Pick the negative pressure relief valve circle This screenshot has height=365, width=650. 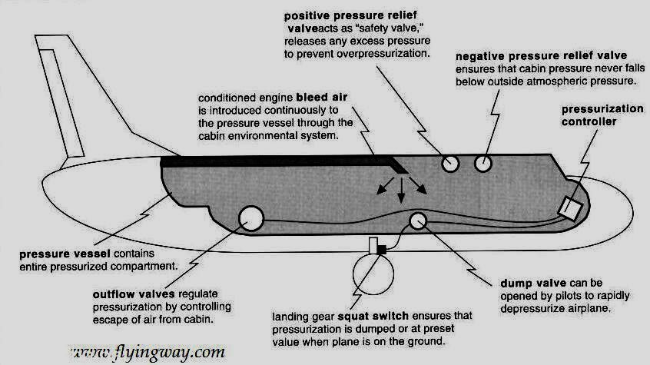coord(483,162)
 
